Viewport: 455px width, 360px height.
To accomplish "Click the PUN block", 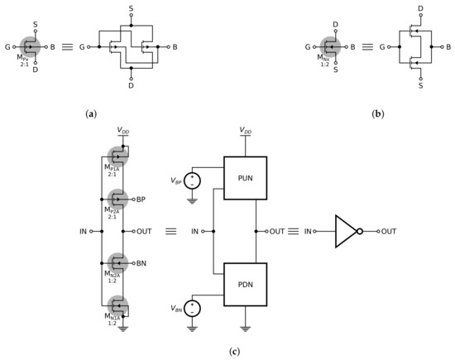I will pos(245,180).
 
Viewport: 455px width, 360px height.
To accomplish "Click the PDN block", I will pos(245,282).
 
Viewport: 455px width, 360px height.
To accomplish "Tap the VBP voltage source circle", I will pos(193,180).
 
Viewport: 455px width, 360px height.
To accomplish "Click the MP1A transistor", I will pos(117,155).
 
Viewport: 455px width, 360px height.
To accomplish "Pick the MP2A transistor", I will pos(117,199).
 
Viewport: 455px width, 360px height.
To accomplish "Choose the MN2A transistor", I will pos(117,263).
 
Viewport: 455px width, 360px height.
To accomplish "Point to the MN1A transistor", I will pos(117,307).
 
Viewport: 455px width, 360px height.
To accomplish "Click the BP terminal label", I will pos(142,199).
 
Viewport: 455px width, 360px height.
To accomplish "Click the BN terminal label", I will pos(142,263).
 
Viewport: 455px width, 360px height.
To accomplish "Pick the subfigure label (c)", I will pos(227,351).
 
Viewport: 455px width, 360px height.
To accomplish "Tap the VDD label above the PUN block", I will pos(245,131).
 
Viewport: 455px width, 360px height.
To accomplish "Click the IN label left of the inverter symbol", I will pos(309,232).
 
